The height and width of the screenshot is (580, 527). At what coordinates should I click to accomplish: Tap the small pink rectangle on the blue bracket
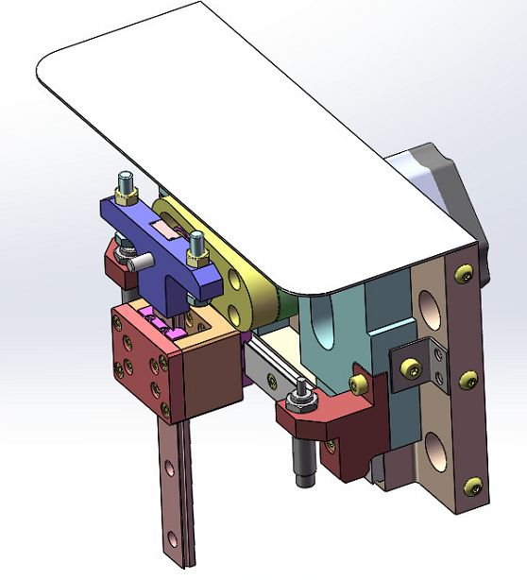click(x=166, y=230)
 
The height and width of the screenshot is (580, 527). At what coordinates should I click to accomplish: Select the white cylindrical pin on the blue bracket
click(x=142, y=256)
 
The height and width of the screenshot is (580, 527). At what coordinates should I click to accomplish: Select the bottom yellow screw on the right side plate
click(x=472, y=486)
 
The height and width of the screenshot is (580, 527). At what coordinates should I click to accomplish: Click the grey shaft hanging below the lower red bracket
click(x=304, y=463)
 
